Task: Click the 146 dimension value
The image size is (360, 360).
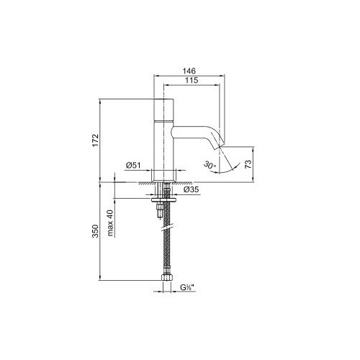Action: pyautogui.click(x=189, y=71)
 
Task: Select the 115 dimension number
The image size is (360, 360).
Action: pyautogui.click(x=192, y=80)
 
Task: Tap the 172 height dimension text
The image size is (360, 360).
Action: pyautogui.click(x=96, y=140)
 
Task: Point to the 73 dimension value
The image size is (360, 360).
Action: pyautogui.click(x=248, y=163)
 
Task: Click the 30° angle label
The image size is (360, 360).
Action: pyautogui.click(x=210, y=165)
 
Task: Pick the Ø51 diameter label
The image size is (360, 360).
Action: pyautogui.click(x=133, y=166)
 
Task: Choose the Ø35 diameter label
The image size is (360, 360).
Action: pyautogui.click(x=191, y=189)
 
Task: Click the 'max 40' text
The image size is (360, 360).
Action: pyautogui.click(x=110, y=223)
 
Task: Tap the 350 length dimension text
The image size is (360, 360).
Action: pyautogui.click(x=96, y=231)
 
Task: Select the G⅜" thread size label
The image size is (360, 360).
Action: pyautogui.click(x=187, y=287)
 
